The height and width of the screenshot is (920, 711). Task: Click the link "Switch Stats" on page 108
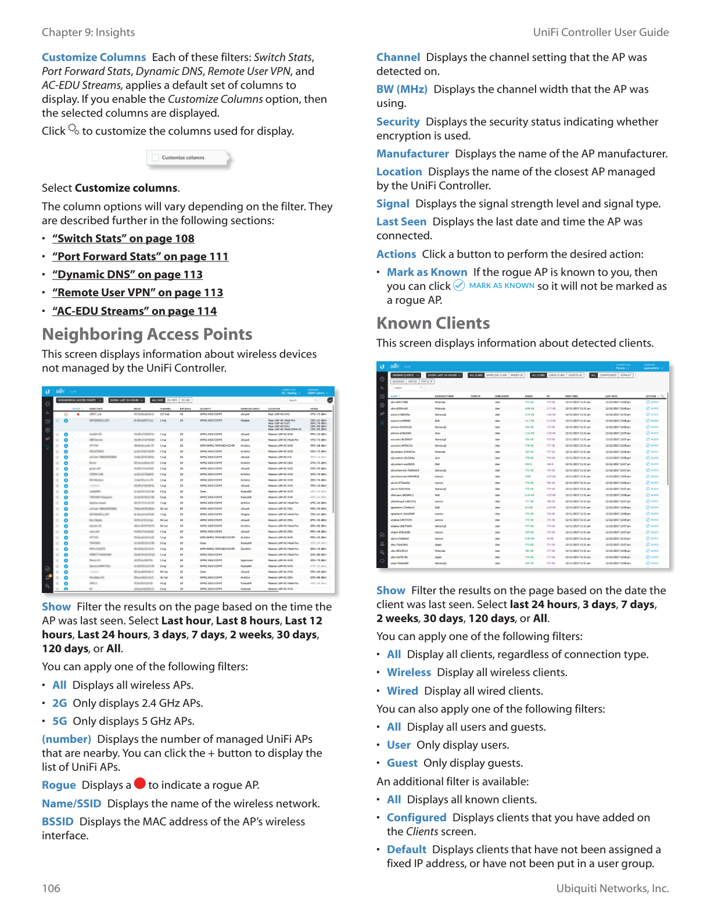pyautogui.click(x=123, y=239)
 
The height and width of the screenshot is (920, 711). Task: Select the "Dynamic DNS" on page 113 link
pyautogui.click(x=127, y=275)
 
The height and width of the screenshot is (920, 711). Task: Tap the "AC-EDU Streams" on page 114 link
pyautogui.click(x=134, y=311)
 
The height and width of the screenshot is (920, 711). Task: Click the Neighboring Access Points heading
pyautogui.click(x=147, y=335)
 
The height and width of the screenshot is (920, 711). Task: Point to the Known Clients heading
pyautogui.click(x=433, y=324)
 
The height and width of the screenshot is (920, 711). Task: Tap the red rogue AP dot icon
pyautogui.click(x=139, y=784)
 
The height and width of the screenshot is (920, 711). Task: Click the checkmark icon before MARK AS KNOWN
pyautogui.click(x=459, y=285)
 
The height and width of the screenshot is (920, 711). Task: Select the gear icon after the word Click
pyautogui.click(x=73, y=130)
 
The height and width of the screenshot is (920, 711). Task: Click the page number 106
pyautogui.click(x=51, y=889)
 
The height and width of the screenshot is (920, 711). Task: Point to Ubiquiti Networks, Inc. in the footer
pyautogui.click(x=612, y=889)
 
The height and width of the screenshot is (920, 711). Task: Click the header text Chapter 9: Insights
pyautogui.click(x=88, y=33)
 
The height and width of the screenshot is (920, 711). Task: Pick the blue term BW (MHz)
pyautogui.click(x=401, y=89)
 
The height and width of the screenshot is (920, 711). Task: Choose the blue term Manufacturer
pyautogui.click(x=412, y=154)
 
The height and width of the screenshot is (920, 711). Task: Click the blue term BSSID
pyautogui.click(x=58, y=822)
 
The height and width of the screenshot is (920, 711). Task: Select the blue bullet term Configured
pyautogui.click(x=416, y=818)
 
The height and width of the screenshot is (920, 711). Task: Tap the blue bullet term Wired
pyautogui.click(x=403, y=691)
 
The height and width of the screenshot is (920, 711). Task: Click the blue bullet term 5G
pyautogui.click(x=60, y=721)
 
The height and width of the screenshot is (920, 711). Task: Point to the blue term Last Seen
pyautogui.click(x=401, y=222)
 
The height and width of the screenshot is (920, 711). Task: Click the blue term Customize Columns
pyautogui.click(x=94, y=57)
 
